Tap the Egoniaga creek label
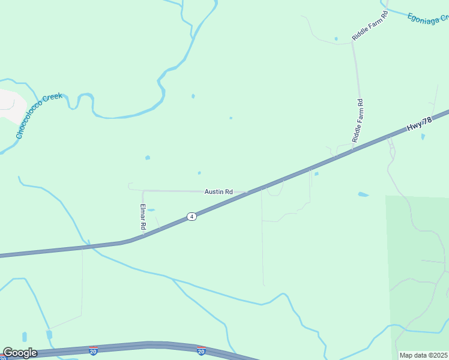pos(427,17)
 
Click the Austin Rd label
pos(218,191)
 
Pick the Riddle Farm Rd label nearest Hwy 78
pos(358,120)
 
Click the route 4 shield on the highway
pos(191,216)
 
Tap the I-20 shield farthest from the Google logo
pos(201,350)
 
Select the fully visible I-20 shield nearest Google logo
pos(93,350)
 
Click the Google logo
pos(20,353)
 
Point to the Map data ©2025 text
pos(424,355)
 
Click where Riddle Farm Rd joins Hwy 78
pos(352,148)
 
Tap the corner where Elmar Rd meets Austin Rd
pos(143,191)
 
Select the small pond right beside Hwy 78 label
pos(423,136)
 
